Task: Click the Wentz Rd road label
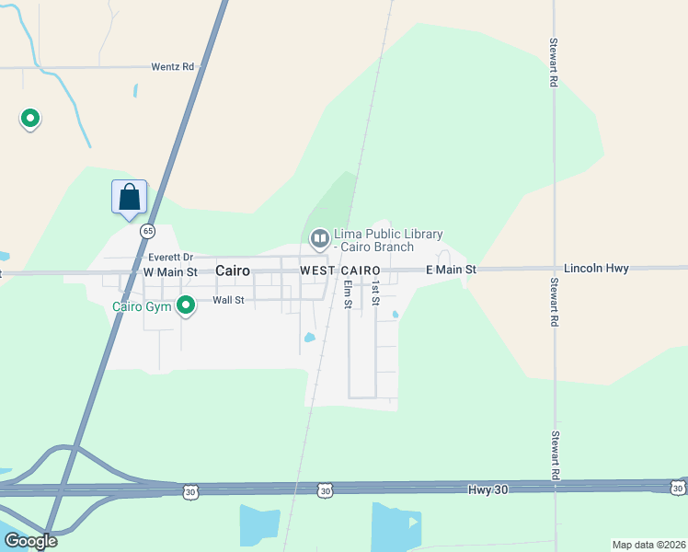tap(175, 67)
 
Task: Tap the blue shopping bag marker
tap(129, 197)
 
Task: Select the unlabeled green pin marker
tap(30, 118)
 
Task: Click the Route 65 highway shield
tap(147, 231)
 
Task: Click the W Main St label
tap(170, 272)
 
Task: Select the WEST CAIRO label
tap(340, 270)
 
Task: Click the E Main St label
tap(451, 270)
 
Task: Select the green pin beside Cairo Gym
tap(186, 304)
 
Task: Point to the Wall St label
tap(228, 300)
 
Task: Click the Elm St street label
tap(349, 295)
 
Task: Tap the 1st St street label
tap(375, 294)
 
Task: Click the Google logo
tap(30, 541)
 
